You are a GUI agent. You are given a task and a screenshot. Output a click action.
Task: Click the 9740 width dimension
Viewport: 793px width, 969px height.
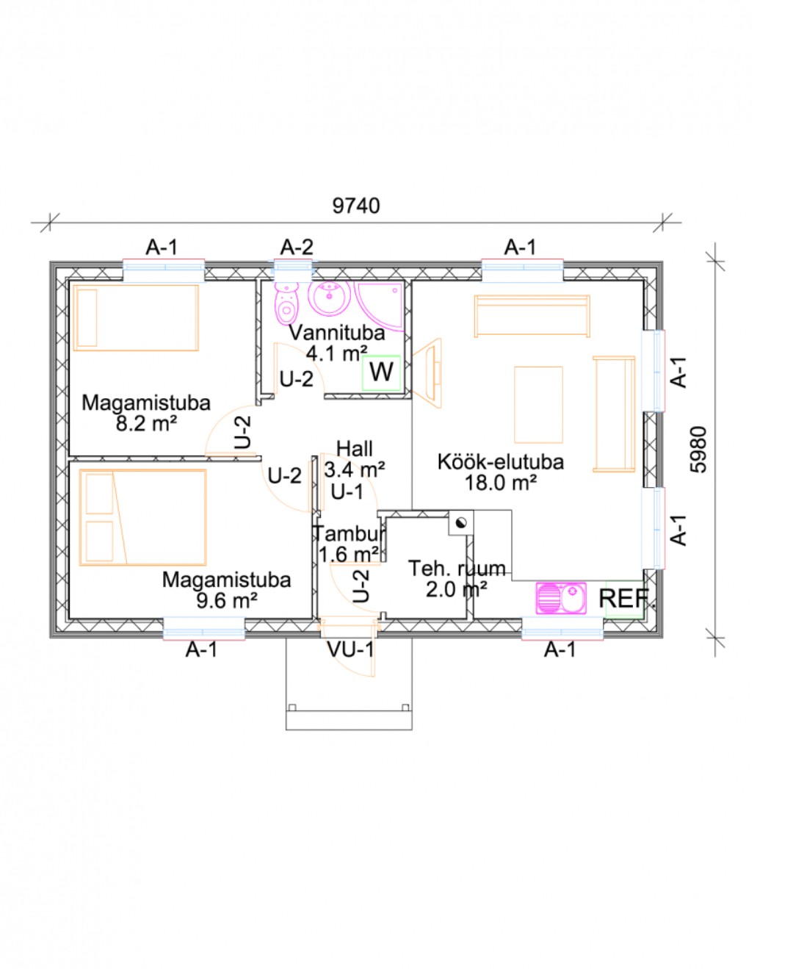click(x=356, y=206)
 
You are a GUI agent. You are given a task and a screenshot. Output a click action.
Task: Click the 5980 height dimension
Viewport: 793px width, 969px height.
click(x=698, y=449)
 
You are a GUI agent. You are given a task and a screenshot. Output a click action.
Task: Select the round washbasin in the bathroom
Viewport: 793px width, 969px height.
click(x=329, y=299)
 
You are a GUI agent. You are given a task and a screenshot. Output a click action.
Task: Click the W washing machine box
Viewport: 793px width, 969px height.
click(x=380, y=372)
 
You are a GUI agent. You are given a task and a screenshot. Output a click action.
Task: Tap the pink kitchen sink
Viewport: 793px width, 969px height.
click(x=561, y=598)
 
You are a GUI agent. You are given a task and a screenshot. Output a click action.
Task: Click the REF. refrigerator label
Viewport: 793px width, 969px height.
click(x=624, y=599)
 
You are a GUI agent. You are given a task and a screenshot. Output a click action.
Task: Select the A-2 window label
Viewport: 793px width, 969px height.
click(x=297, y=247)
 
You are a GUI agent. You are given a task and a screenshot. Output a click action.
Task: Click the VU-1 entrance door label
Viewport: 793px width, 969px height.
click(x=350, y=649)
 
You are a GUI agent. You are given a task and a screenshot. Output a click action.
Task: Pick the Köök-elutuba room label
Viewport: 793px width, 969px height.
click(x=501, y=462)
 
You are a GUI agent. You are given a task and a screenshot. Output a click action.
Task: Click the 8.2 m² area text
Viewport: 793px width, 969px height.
click(x=146, y=423)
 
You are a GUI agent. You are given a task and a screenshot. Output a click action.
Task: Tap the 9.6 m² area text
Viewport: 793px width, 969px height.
click(x=227, y=600)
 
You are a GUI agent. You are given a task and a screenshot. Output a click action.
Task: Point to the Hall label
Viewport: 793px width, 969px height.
click(x=354, y=449)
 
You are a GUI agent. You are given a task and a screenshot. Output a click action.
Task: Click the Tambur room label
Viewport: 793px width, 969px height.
click(x=349, y=534)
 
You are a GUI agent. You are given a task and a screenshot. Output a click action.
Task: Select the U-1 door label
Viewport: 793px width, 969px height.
click(x=347, y=492)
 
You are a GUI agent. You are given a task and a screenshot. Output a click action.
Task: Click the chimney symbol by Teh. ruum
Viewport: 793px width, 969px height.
click(x=461, y=522)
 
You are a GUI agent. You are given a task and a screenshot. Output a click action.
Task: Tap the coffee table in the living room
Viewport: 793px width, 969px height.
click(x=538, y=404)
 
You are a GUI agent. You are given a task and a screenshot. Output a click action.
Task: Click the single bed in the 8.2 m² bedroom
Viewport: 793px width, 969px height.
click(x=136, y=317)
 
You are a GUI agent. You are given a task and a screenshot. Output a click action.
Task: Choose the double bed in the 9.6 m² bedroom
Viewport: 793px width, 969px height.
click(x=142, y=517)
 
